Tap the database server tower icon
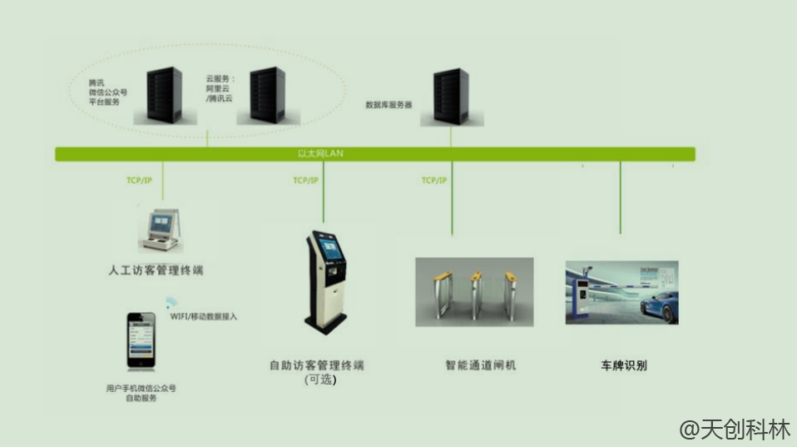click(451, 97)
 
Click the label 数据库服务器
click(389, 106)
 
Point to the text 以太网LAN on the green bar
click(320, 154)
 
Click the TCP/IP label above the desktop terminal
click(140, 181)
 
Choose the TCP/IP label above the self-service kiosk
click(306, 181)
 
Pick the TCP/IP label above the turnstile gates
click(434, 181)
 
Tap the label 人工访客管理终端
click(156, 271)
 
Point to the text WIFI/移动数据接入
click(204, 317)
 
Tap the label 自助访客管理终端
click(317, 365)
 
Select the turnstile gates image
click(474, 291)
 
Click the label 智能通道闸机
click(481, 365)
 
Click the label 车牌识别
click(623, 365)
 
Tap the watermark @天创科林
click(734, 430)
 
